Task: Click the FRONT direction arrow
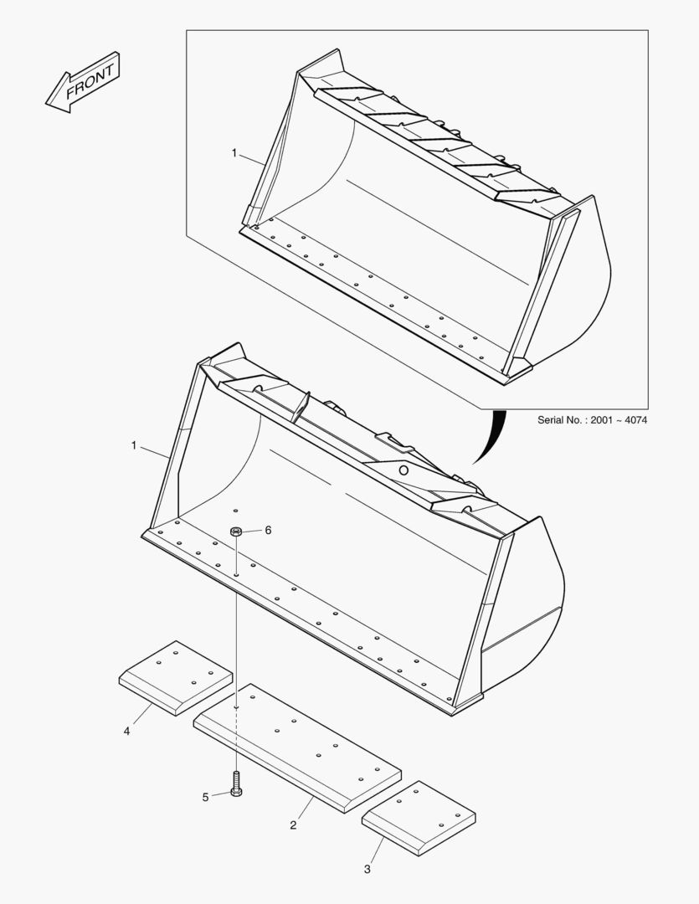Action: (x=83, y=82)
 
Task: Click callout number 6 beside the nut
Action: (x=269, y=530)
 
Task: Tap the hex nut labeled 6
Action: (x=237, y=532)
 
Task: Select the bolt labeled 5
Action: (x=236, y=783)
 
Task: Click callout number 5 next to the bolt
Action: (x=205, y=797)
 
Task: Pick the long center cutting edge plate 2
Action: (x=297, y=747)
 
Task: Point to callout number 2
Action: (x=293, y=825)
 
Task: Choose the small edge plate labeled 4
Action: (x=176, y=677)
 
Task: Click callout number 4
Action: (x=126, y=731)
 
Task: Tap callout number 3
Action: (x=367, y=870)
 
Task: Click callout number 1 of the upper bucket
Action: (x=235, y=153)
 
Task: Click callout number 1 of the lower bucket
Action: (x=134, y=445)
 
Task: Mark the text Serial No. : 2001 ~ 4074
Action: (x=592, y=419)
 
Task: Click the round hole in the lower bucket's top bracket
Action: (x=403, y=470)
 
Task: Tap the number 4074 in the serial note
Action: (x=633, y=419)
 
